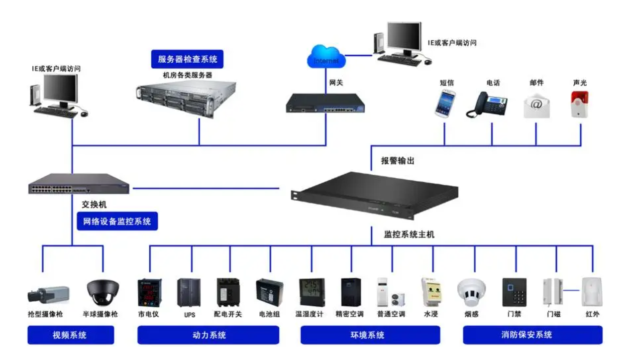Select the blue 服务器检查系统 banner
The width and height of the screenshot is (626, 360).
click(188, 59)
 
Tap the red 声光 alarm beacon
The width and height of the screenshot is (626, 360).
click(579, 104)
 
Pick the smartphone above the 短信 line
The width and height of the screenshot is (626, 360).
click(445, 104)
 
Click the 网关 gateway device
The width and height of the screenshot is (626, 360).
click(325, 103)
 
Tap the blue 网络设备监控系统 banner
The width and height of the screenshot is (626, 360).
click(117, 221)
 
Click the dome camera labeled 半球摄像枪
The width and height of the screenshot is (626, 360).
click(103, 292)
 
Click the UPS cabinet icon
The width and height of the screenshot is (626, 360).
click(189, 292)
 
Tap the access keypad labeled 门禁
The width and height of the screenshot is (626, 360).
click(514, 292)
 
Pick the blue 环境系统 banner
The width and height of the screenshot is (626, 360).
click(370, 335)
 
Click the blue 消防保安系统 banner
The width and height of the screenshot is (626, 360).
click(532, 335)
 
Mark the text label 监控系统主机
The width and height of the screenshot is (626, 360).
click(409, 234)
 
